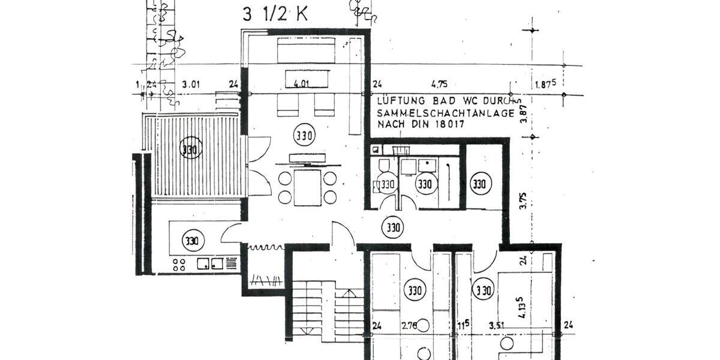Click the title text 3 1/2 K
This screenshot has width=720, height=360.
(x=275, y=14)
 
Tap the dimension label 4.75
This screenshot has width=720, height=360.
(x=439, y=85)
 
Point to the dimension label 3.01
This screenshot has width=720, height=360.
(x=190, y=85)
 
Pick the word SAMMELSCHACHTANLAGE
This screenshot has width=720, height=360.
(x=445, y=112)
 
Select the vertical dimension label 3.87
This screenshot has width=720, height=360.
(x=523, y=114)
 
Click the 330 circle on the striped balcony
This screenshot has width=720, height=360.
(x=190, y=148)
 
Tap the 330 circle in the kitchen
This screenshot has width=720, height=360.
(x=193, y=241)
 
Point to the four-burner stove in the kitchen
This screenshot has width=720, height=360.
(x=180, y=263)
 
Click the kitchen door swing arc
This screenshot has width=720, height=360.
(x=230, y=232)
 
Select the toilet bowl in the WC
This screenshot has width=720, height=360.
(x=384, y=165)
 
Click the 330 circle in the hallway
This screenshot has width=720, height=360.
(x=393, y=228)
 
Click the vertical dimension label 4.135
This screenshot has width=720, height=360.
(x=523, y=305)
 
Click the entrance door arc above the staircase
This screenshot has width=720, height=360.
(x=342, y=232)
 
